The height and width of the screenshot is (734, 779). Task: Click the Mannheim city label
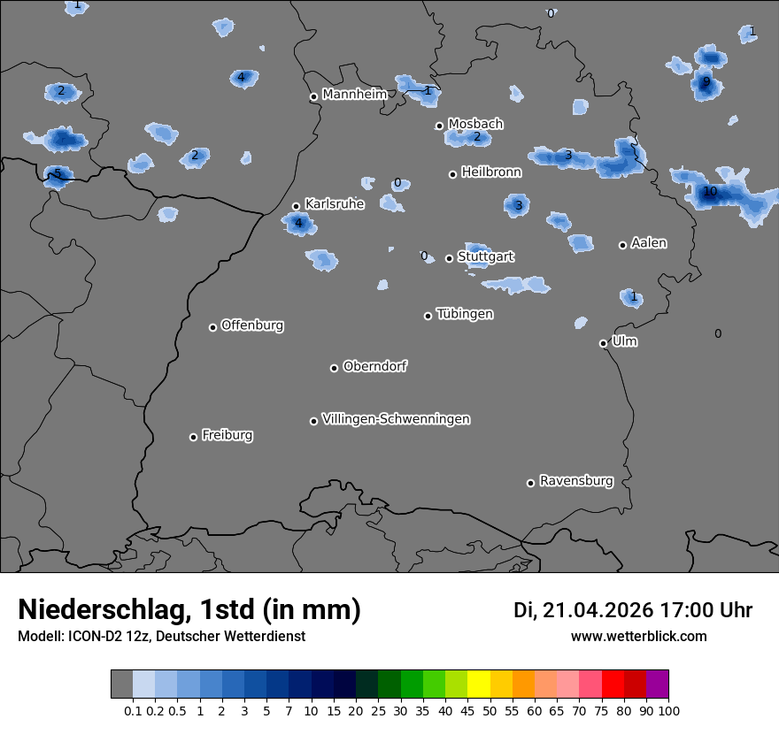pos(355,94)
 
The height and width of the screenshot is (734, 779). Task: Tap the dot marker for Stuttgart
pos(449,258)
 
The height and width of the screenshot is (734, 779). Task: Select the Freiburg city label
pos(228,435)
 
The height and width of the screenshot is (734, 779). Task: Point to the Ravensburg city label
pos(576,481)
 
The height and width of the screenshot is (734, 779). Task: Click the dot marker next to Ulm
pos(603,343)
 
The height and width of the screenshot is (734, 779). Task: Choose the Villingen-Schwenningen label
pos(396,419)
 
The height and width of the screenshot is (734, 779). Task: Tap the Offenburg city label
pos(252,325)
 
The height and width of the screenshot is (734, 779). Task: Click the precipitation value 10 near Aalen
pos(710,192)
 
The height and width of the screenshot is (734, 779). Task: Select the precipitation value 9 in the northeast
pos(706,82)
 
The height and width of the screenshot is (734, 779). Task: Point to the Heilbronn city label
pos(491,172)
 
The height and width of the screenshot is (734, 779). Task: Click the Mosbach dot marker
pos(439,126)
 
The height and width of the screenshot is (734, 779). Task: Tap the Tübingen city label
pos(465,314)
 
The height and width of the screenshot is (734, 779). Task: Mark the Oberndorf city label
pos(375,366)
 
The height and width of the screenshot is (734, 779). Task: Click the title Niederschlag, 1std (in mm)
pos(189,609)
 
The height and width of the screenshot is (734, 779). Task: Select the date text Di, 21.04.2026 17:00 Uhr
pos(633,610)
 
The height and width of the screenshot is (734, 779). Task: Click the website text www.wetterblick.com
pos(638,636)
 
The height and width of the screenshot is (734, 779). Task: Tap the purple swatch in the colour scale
pos(658,684)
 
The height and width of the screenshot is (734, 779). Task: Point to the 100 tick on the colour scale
pos(668,710)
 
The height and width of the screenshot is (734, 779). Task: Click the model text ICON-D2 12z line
pos(161,636)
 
